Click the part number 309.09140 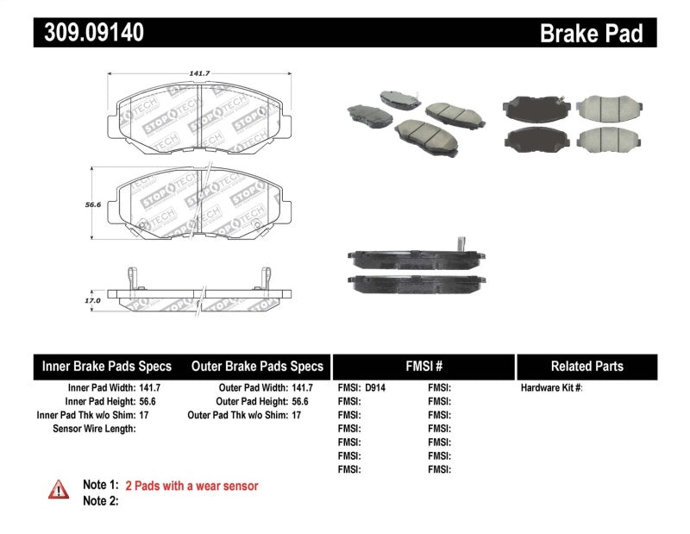(89, 33)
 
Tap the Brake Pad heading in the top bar (591, 33)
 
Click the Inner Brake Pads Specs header (107, 367)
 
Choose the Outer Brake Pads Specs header (257, 367)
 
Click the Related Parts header (586, 367)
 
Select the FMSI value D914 (376, 388)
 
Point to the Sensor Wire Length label (94, 429)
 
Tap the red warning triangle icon (58, 488)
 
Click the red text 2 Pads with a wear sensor (191, 486)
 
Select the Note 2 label (100, 500)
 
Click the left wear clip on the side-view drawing (130, 277)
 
